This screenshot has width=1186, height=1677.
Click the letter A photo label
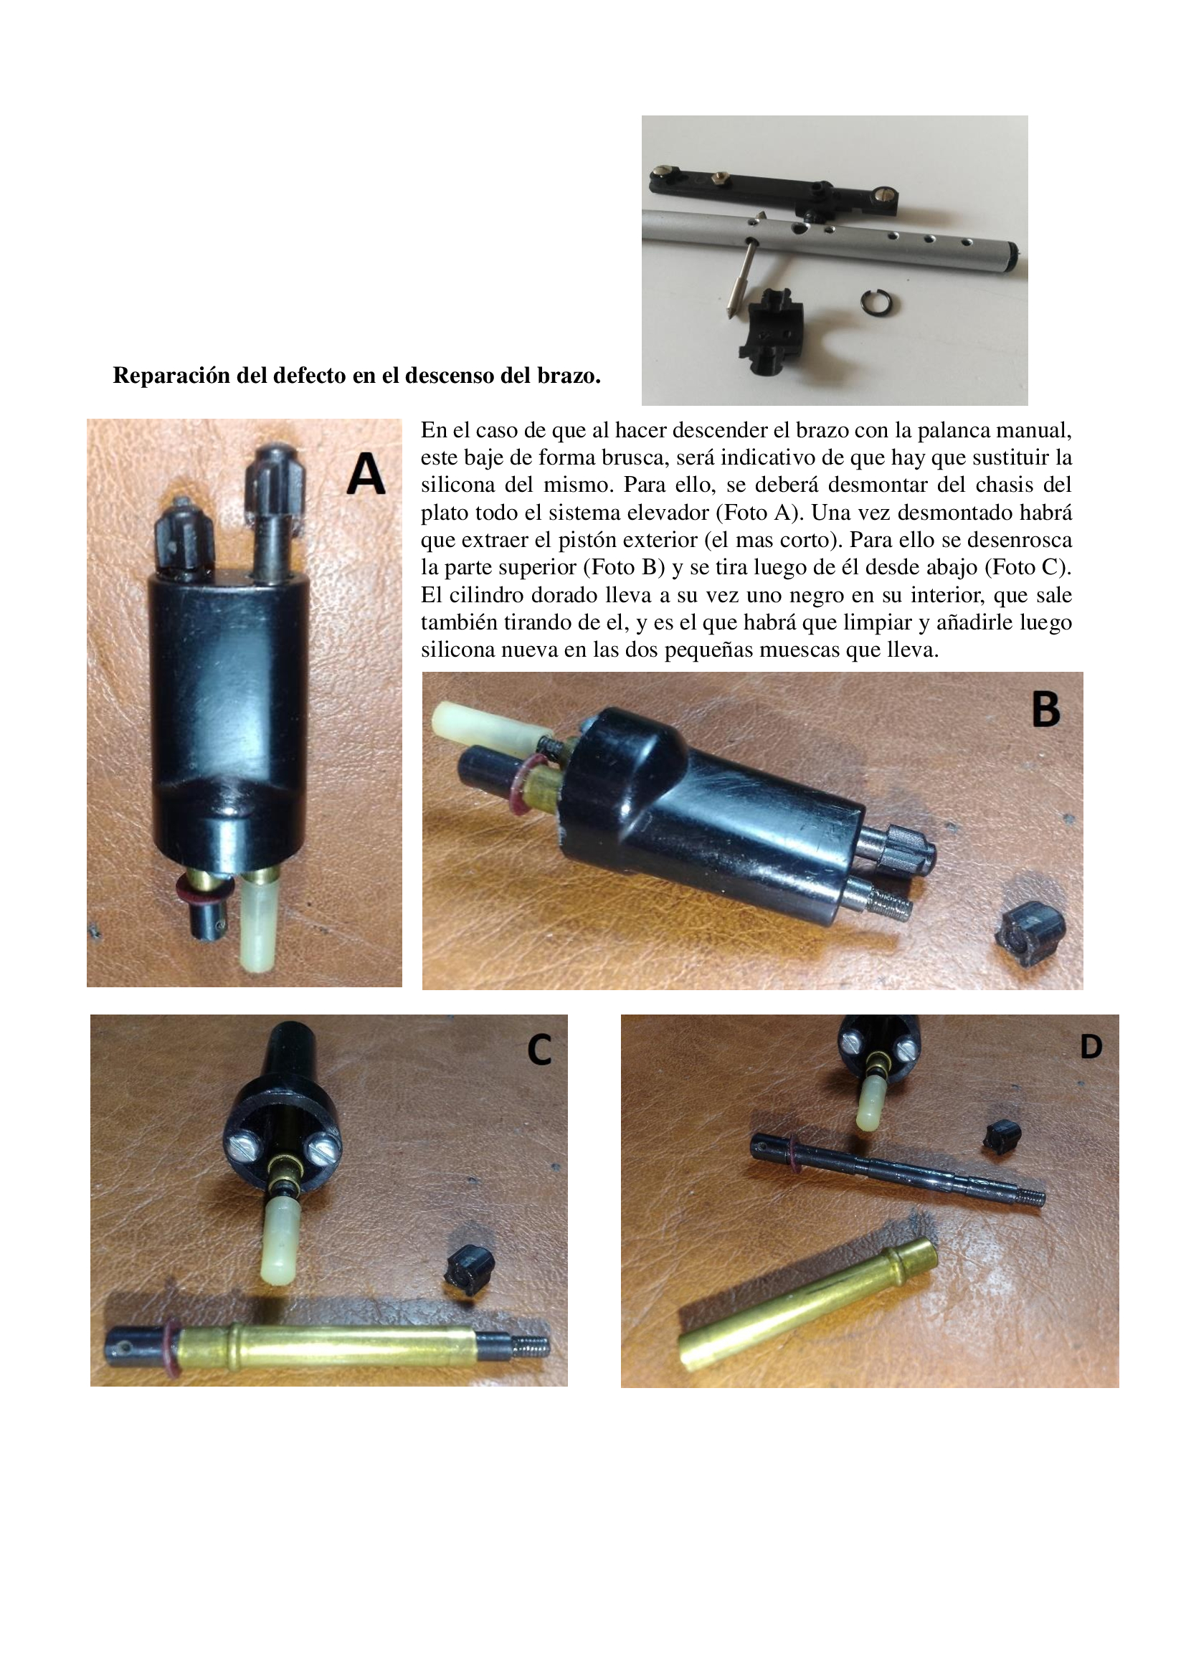click(x=366, y=473)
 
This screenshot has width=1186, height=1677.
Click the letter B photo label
click(x=1045, y=708)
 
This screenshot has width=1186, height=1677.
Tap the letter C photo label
click(x=539, y=1050)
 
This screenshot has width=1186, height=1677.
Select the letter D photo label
click(x=1091, y=1047)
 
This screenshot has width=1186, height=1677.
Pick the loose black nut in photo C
click(x=469, y=1272)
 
